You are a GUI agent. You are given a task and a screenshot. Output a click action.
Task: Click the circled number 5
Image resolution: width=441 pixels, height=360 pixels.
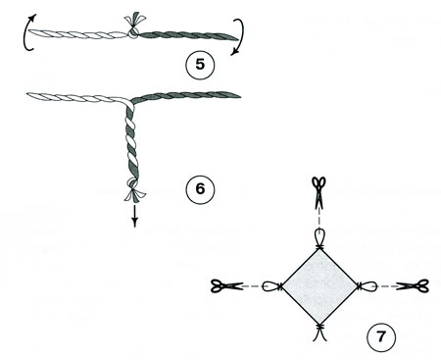click(x=200, y=64)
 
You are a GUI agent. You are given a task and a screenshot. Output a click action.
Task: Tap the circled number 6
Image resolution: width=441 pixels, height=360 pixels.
click(x=200, y=189)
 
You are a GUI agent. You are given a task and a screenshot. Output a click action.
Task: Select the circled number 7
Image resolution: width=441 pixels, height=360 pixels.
click(x=381, y=336)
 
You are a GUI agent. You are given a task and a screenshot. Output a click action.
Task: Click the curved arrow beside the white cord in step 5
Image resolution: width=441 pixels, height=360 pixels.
click(x=25, y=32)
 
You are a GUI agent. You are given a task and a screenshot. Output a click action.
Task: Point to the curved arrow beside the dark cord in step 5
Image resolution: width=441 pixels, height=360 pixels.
click(x=242, y=36)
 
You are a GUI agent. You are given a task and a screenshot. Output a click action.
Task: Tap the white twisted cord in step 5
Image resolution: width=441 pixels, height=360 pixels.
click(x=77, y=34)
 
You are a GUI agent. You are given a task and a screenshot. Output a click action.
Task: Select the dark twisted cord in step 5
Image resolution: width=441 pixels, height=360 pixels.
click(x=189, y=35)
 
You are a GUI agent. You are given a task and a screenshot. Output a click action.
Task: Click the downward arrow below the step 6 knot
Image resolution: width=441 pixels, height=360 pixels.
click(x=134, y=217)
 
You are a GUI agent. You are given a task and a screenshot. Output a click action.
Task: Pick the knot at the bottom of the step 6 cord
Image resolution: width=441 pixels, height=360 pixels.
click(x=134, y=189)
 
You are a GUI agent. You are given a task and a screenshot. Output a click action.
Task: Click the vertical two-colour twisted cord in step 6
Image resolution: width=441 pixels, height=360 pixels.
click(x=131, y=141)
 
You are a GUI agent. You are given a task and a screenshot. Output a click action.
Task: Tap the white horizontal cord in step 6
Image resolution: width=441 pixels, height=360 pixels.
click(x=78, y=97)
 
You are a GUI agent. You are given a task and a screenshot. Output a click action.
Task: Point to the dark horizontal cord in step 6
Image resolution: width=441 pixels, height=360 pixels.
click(x=186, y=95)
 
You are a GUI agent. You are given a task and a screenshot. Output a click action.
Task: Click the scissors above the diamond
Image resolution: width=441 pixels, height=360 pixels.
click(x=318, y=192)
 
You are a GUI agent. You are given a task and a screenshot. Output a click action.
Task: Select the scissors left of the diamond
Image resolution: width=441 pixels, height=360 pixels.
click(x=227, y=286)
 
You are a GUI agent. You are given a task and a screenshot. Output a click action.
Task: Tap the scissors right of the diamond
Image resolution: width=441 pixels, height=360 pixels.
click(x=413, y=286)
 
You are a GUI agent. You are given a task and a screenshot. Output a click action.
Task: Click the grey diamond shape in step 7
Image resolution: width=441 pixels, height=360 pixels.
click(x=319, y=286)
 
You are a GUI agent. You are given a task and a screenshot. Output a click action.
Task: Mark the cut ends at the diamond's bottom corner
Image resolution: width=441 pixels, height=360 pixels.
click(x=319, y=333)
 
